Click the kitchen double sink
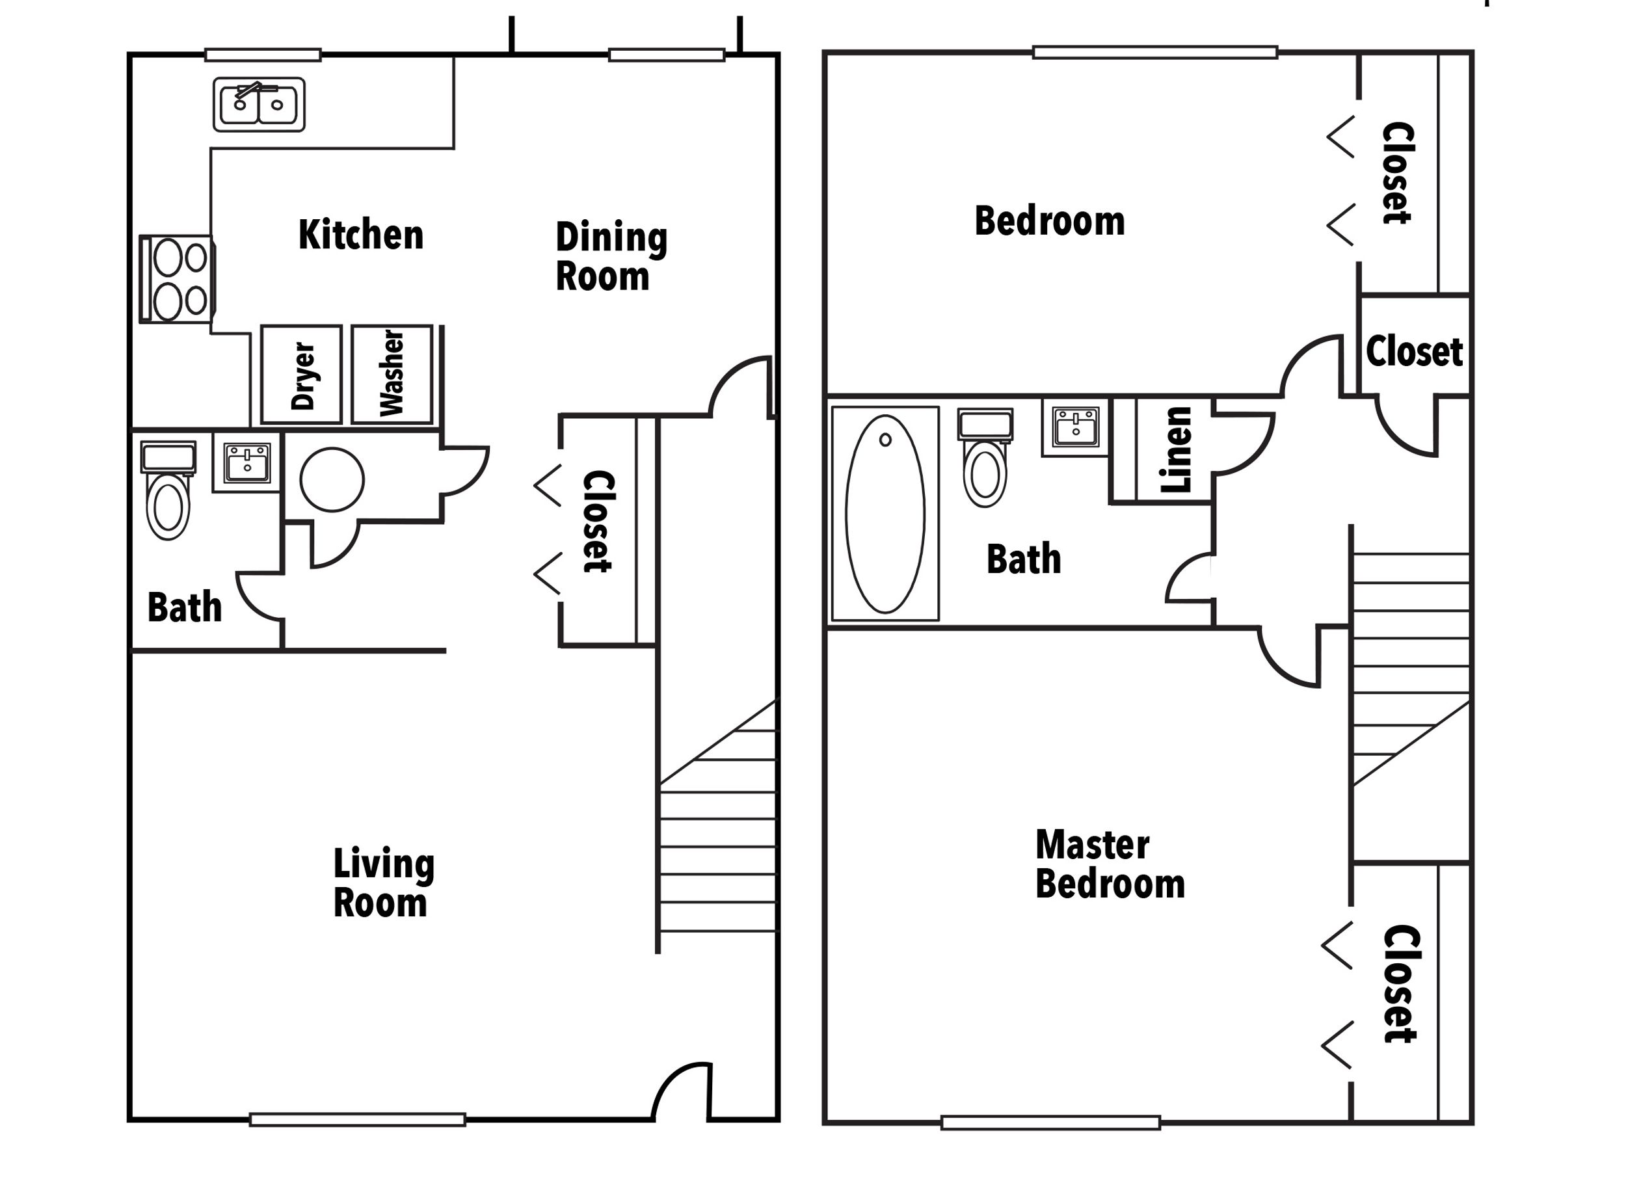point(259,105)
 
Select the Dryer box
point(301,374)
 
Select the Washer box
point(392,374)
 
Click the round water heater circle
point(332,480)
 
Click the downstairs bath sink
point(247,463)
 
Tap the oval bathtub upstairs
point(885,513)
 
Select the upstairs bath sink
point(1075,427)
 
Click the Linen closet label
point(1177,449)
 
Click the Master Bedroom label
point(1109,865)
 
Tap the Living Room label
point(383,883)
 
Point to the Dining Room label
point(611,257)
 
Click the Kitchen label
point(360,235)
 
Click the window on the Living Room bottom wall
point(357,1120)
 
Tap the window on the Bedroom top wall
point(1155,52)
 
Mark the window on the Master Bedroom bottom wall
point(1050,1123)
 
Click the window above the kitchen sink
point(262,55)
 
